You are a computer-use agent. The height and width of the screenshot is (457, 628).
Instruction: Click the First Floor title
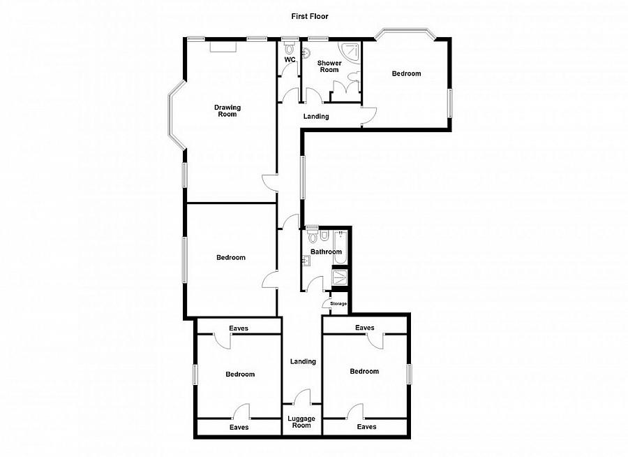click(x=310, y=17)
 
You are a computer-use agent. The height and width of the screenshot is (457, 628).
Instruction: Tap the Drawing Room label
click(x=227, y=110)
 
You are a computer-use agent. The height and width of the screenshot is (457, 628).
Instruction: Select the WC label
click(x=290, y=60)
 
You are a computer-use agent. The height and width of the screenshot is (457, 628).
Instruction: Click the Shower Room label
click(x=329, y=66)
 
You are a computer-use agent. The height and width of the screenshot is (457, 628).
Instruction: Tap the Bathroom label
click(x=327, y=252)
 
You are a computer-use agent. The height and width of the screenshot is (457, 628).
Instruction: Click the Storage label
click(x=338, y=304)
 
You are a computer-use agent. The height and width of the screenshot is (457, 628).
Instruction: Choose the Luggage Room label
click(x=301, y=421)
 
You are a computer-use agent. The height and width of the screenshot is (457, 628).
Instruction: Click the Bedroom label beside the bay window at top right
click(x=406, y=73)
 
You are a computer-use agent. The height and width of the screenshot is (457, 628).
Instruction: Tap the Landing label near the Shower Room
click(x=316, y=117)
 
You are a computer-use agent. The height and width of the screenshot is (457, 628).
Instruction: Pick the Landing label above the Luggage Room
click(x=303, y=361)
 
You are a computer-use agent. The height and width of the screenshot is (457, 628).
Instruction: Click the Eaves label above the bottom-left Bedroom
click(x=239, y=328)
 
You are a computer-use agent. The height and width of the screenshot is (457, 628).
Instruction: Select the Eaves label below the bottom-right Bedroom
click(x=366, y=427)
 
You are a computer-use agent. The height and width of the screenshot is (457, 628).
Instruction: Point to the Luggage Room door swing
click(x=302, y=396)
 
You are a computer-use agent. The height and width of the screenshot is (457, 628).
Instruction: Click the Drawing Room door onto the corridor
click(x=270, y=183)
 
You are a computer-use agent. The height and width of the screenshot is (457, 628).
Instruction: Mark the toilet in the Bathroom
click(x=313, y=236)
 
